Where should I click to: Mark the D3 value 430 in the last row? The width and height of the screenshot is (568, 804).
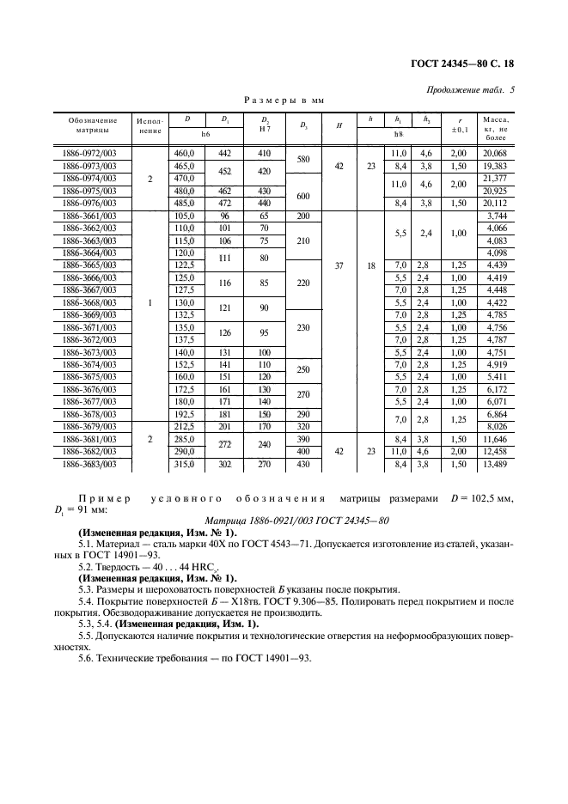tap(302, 464)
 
